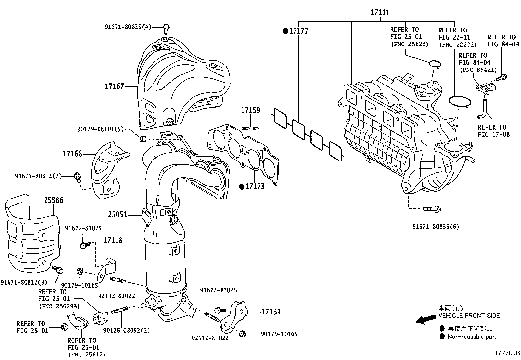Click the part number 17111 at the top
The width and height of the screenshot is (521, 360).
click(x=380, y=13)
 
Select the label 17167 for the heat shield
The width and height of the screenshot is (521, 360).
click(x=114, y=86)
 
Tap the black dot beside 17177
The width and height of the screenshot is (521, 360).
click(x=285, y=31)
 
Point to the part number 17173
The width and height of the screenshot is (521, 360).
click(x=255, y=186)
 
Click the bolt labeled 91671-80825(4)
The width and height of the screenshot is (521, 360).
click(x=166, y=28)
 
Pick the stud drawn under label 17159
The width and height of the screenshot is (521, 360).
click(x=250, y=128)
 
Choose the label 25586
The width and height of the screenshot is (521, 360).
click(x=54, y=200)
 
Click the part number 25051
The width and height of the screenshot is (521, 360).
click(x=117, y=215)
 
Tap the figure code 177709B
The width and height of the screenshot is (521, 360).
click(x=507, y=353)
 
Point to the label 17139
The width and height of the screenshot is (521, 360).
click(x=271, y=312)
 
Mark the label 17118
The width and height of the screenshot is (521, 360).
click(x=113, y=240)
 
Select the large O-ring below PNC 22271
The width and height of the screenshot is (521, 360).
click(x=459, y=101)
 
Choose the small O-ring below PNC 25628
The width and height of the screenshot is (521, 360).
click(x=435, y=64)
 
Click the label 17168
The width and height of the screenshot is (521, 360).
click(x=72, y=154)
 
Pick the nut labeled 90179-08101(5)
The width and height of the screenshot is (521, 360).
click(x=142, y=139)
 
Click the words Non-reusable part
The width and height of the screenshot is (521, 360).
click(x=472, y=337)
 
